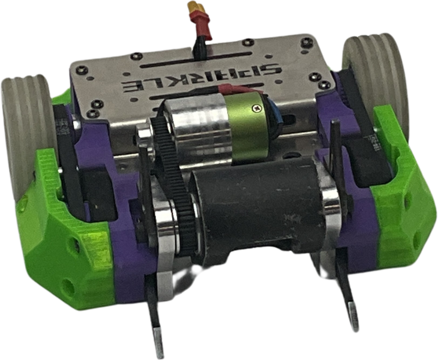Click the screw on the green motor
tap(256, 107)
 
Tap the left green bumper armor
tap(67, 235)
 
